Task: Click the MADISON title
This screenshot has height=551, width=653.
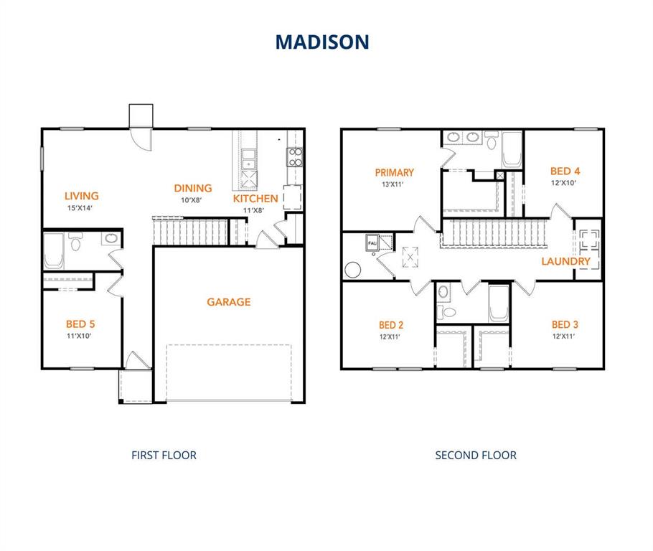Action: [x=322, y=42]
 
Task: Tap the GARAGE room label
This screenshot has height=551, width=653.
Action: [x=229, y=302]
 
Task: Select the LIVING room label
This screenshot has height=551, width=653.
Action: [x=81, y=196]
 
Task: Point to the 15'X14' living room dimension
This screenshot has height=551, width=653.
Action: [x=80, y=208]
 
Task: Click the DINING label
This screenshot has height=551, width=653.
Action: [x=193, y=189]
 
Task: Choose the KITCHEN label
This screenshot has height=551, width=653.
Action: [x=255, y=199]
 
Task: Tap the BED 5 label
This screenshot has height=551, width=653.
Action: [x=80, y=324]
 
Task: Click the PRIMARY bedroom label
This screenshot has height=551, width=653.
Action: [x=394, y=172]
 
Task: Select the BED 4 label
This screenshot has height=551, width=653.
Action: [x=565, y=171]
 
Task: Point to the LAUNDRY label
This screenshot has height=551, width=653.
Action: [x=565, y=261]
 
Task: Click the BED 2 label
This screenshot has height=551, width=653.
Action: [x=390, y=324]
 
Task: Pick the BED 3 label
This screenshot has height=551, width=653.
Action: [x=565, y=324]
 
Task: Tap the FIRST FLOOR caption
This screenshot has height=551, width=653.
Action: [x=164, y=455]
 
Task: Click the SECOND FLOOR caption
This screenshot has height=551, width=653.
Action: [x=476, y=455]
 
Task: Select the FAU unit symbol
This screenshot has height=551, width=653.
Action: [x=372, y=242]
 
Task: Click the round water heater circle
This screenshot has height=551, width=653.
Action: [x=352, y=270]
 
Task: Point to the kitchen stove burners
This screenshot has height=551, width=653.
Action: [x=294, y=157]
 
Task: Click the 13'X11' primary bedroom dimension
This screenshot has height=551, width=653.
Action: [x=394, y=184]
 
